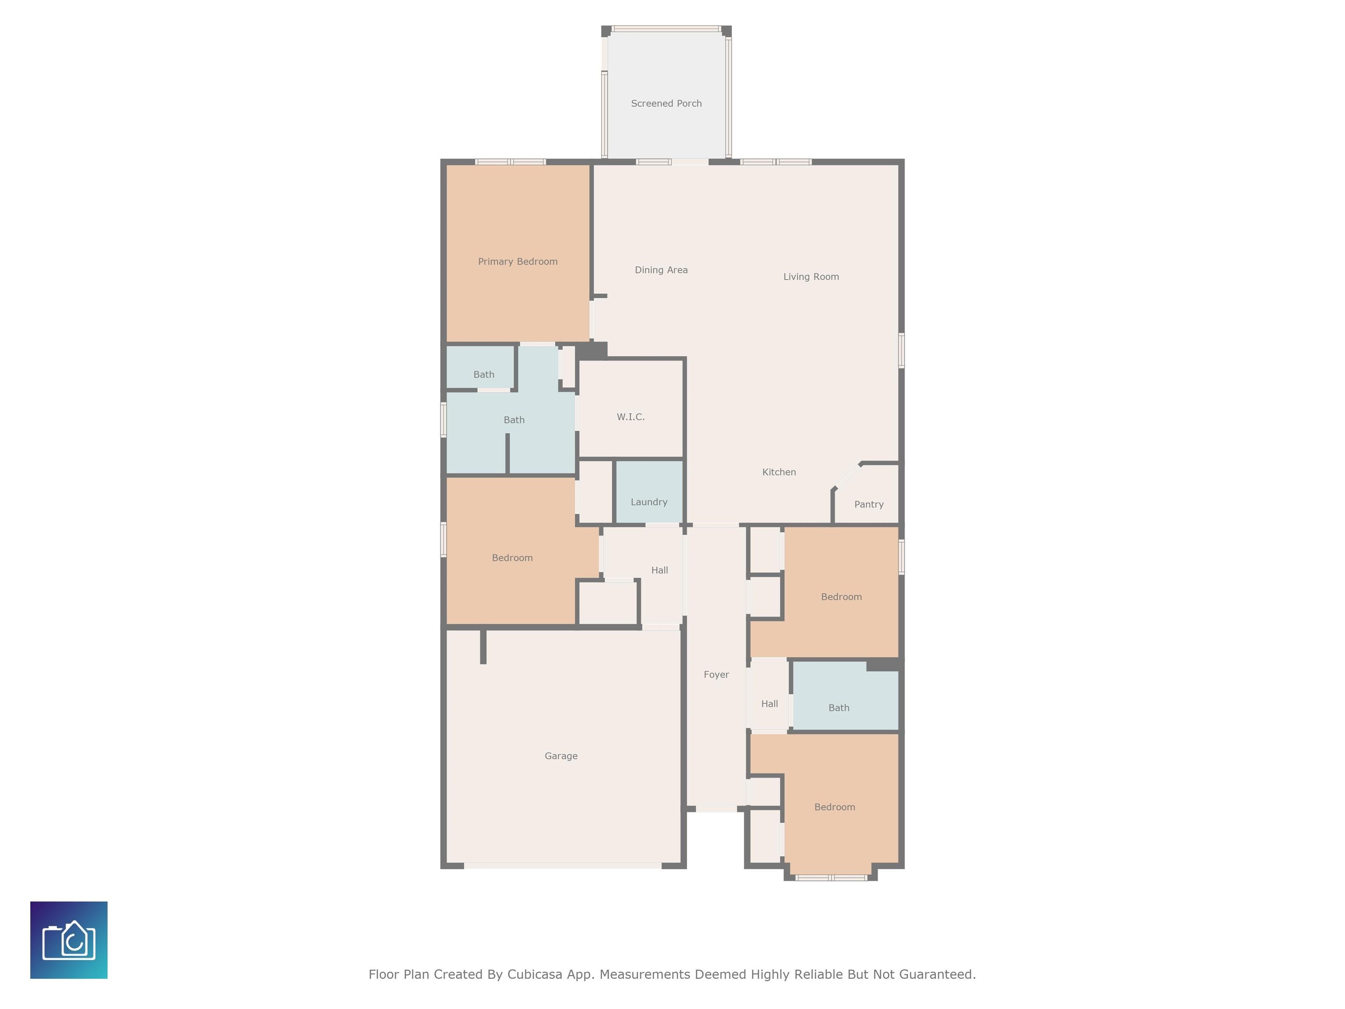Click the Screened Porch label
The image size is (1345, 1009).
(666, 103)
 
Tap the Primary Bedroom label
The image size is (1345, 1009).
(518, 261)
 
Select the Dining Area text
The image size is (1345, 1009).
(661, 270)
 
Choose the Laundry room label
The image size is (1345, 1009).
(649, 502)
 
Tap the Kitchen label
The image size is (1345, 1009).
(779, 472)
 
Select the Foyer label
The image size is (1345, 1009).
(716, 674)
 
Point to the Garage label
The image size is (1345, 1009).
(560, 756)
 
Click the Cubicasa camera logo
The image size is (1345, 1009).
(69, 940)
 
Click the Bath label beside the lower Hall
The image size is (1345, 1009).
(838, 708)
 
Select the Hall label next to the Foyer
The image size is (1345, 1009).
(769, 704)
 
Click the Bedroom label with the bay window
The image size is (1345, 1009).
(834, 807)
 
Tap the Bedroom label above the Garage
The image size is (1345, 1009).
(512, 558)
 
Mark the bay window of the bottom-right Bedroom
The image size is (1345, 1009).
(831, 878)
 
